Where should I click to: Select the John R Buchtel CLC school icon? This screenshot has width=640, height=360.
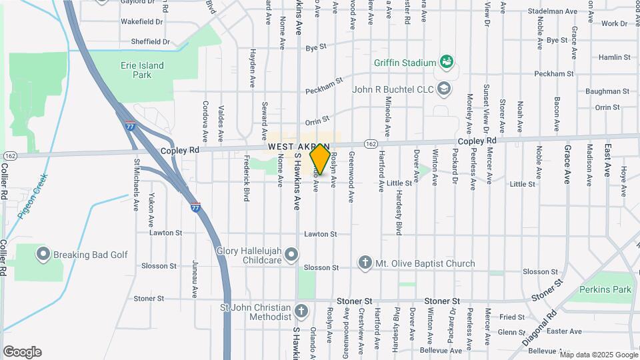(x=444, y=89)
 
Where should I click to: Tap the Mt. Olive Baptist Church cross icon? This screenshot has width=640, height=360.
(x=365, y=263)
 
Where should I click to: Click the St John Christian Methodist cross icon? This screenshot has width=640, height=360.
(x=301, y=311)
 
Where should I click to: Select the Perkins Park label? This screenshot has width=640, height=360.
(x=605, y=289)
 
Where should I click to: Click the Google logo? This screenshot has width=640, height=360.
(x=22, y=352)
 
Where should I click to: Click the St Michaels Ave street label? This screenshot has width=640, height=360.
(x=136, y=184)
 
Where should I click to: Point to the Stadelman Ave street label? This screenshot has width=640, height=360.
(x=552, y=12)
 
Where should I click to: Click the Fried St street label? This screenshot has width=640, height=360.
(x=512, y=317)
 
